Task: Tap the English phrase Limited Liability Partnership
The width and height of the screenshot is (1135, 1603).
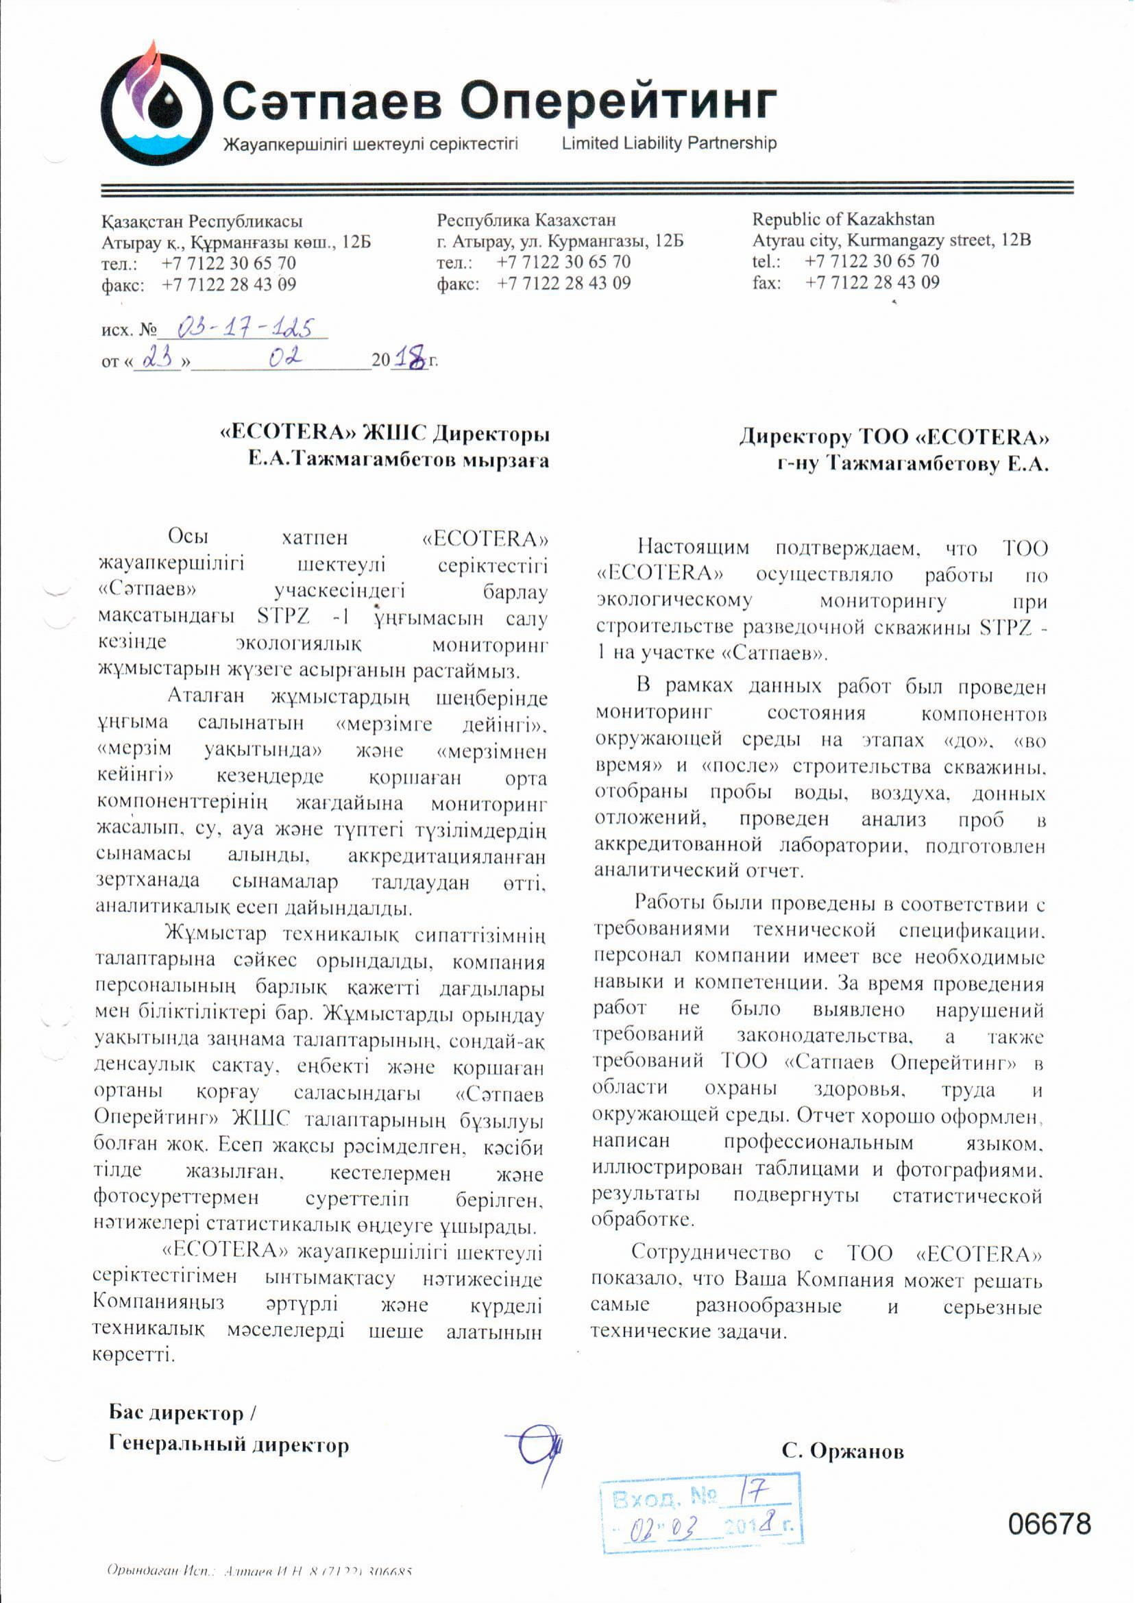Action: point(669,143)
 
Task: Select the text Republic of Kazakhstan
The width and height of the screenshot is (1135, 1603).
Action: point(843,219)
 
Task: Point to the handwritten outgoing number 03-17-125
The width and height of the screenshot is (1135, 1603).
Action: point(244,327)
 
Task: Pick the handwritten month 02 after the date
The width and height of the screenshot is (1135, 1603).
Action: point(286,358)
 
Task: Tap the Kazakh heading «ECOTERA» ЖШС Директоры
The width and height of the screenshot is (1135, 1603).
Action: point(385,434)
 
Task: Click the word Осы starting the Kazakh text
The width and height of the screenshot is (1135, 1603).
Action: point(188,537)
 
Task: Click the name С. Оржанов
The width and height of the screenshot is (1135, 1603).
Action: point(842,1452)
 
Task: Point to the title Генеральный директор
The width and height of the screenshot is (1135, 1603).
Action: point(228,1445)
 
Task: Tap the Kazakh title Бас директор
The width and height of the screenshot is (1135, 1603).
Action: point(175,1412)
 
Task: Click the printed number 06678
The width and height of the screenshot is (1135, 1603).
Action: point(1049,1524)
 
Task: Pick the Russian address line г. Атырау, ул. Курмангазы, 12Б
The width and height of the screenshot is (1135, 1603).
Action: point(560,242)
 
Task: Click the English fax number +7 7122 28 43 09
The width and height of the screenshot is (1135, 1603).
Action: point(872,282)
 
